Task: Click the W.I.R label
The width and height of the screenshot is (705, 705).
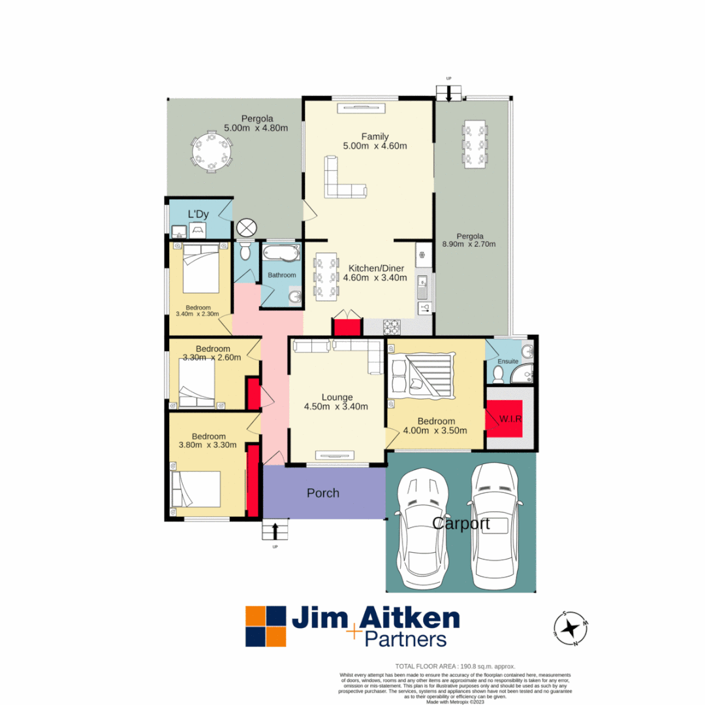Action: [510, 418]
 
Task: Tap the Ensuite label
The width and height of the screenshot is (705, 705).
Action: [507, 361]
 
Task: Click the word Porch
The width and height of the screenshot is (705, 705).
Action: [323, 493]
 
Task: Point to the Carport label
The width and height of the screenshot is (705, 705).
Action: [461, 524]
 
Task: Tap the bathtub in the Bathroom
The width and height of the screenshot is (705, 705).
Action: [280, 253]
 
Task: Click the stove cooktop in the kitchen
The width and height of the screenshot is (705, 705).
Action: [391, 327]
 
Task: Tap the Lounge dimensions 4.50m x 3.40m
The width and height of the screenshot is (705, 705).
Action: [336, 407]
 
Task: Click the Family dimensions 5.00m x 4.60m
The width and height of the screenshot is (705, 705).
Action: [375, 146]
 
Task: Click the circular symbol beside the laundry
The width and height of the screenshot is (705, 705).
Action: [247, 228]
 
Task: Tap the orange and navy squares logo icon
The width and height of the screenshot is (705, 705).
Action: [266, 627]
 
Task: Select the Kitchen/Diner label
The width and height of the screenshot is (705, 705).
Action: [377, 268]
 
